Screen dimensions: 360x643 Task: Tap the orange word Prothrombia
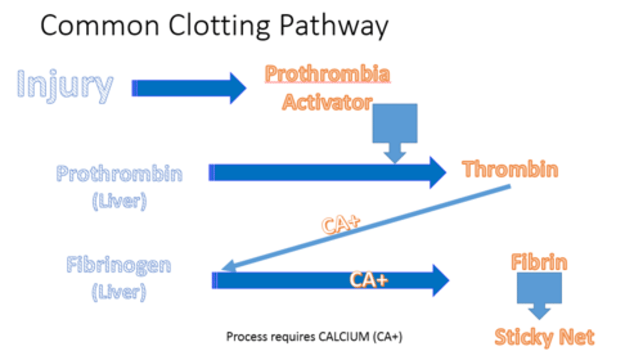click(327, 74)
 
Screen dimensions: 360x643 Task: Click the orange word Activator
click(327, 103)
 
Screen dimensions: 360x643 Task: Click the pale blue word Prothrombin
click(119, 173)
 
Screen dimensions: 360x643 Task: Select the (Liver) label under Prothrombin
click(119, 201)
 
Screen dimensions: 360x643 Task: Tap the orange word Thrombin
click(510, 170)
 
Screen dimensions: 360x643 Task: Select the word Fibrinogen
click(119, 265)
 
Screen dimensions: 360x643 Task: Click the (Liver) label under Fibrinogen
click(119, 293)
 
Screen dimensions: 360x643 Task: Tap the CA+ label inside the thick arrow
click(369, 280)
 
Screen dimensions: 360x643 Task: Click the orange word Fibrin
click(539, 262)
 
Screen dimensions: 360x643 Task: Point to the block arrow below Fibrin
click(539, 293)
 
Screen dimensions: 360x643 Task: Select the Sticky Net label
click(544, 337)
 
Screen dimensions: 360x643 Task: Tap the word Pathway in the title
click(334, 25)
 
